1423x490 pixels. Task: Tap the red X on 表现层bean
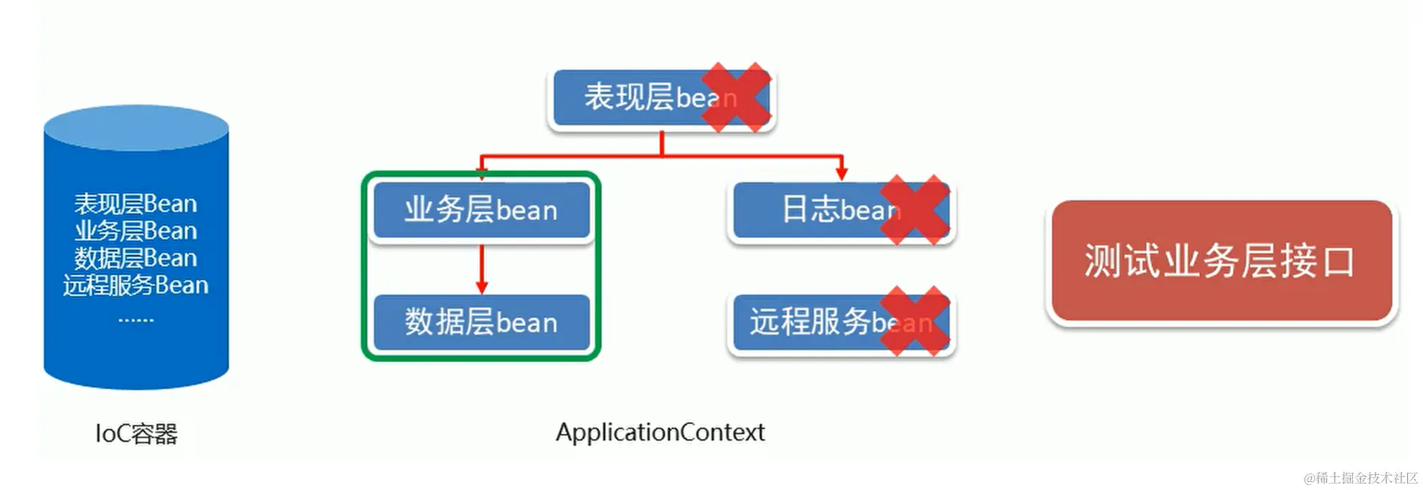[736, 97]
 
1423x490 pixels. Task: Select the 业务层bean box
[481, 210]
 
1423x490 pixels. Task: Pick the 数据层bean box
[481, 322]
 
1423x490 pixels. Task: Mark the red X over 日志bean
[914, 209]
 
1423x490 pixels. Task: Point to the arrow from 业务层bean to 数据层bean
[481, 269]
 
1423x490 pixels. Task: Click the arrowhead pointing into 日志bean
[841, 173]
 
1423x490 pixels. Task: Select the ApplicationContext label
[660, 432]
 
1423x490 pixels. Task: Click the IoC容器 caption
[136, 433]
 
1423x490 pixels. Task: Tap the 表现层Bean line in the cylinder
[136, 204]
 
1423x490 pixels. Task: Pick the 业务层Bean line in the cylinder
[136, 231]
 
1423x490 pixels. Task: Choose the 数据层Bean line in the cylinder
[136, 258]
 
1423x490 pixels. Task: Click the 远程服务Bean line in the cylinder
[136, 285]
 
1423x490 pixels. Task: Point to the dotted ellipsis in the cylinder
[136, 320]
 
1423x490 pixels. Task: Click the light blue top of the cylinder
[136, 128]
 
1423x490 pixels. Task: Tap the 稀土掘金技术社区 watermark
[1361, 478]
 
